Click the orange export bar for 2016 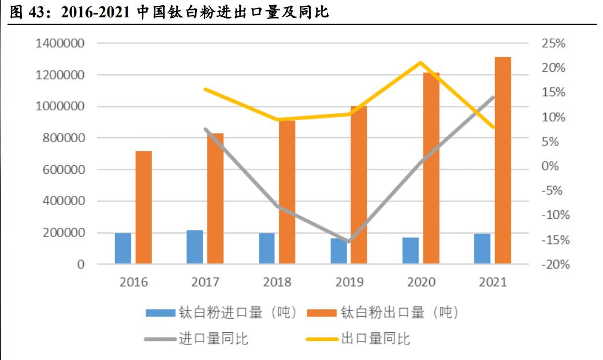pos(143,207)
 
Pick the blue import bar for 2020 pos(410,251)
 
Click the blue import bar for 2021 pos(482,249)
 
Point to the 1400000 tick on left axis pos(60,44)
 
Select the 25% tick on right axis pos(553,44)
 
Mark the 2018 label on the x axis pos(277,283)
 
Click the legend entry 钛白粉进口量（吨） pos(222,313)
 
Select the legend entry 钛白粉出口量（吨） pos(384,313)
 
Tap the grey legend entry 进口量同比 pos(196,339)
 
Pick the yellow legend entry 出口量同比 pos(358,339)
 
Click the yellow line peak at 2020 pos(421,62)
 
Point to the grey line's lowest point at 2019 pos(349,241)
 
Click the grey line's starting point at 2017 pos(206,129)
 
